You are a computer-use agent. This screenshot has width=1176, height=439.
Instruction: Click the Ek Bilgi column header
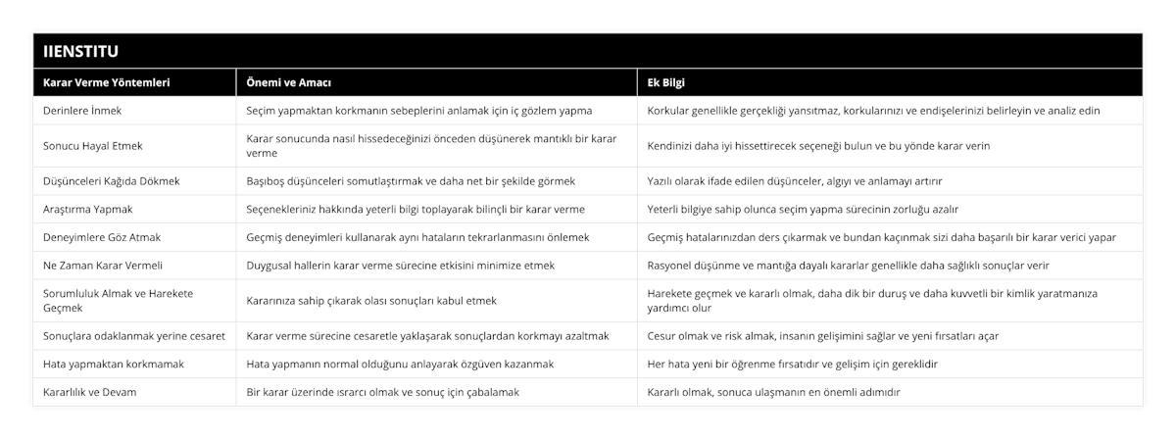point(666,82)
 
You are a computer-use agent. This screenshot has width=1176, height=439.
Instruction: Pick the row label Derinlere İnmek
point(83,111)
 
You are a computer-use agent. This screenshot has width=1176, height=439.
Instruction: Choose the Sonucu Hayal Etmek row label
point(93,145)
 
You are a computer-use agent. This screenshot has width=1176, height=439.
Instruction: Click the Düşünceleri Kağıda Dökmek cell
point(111,180)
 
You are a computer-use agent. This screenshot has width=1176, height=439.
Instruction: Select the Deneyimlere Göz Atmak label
point(103,236)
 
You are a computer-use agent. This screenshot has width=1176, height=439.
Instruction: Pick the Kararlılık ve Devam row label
point(90,391)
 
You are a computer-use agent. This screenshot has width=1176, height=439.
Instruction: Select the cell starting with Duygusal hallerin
point(400,265)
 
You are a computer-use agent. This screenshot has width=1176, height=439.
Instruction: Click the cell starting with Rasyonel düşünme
point(850,265)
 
